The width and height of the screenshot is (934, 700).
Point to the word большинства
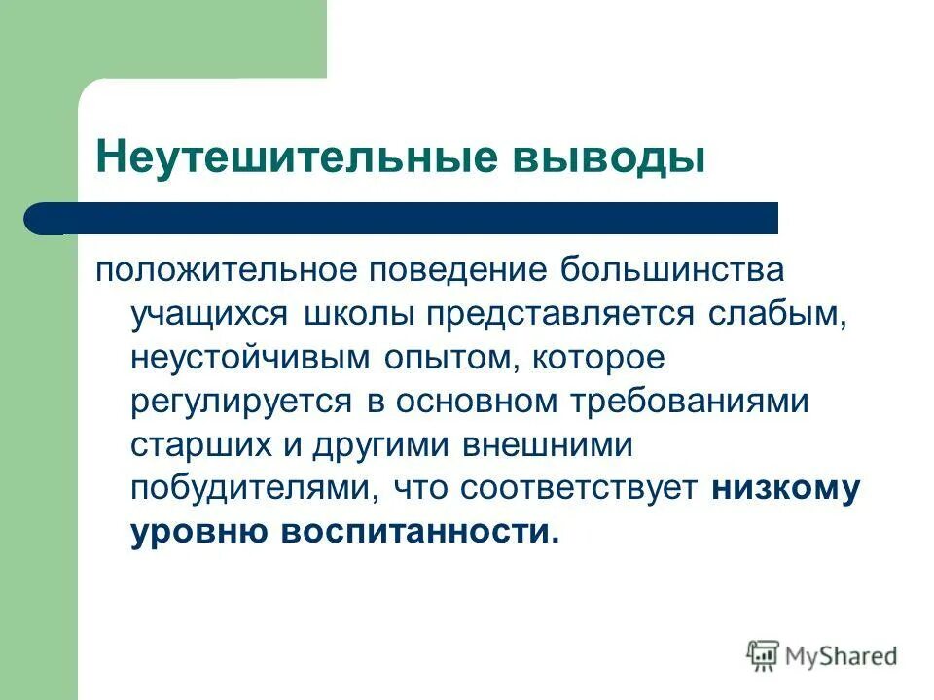pyautogui.click(x=669, y=271)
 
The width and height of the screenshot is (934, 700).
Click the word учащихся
pyautogui.click(x=209, y=314)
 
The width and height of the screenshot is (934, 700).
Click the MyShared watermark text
pyautogui.click(x=841, y=655)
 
